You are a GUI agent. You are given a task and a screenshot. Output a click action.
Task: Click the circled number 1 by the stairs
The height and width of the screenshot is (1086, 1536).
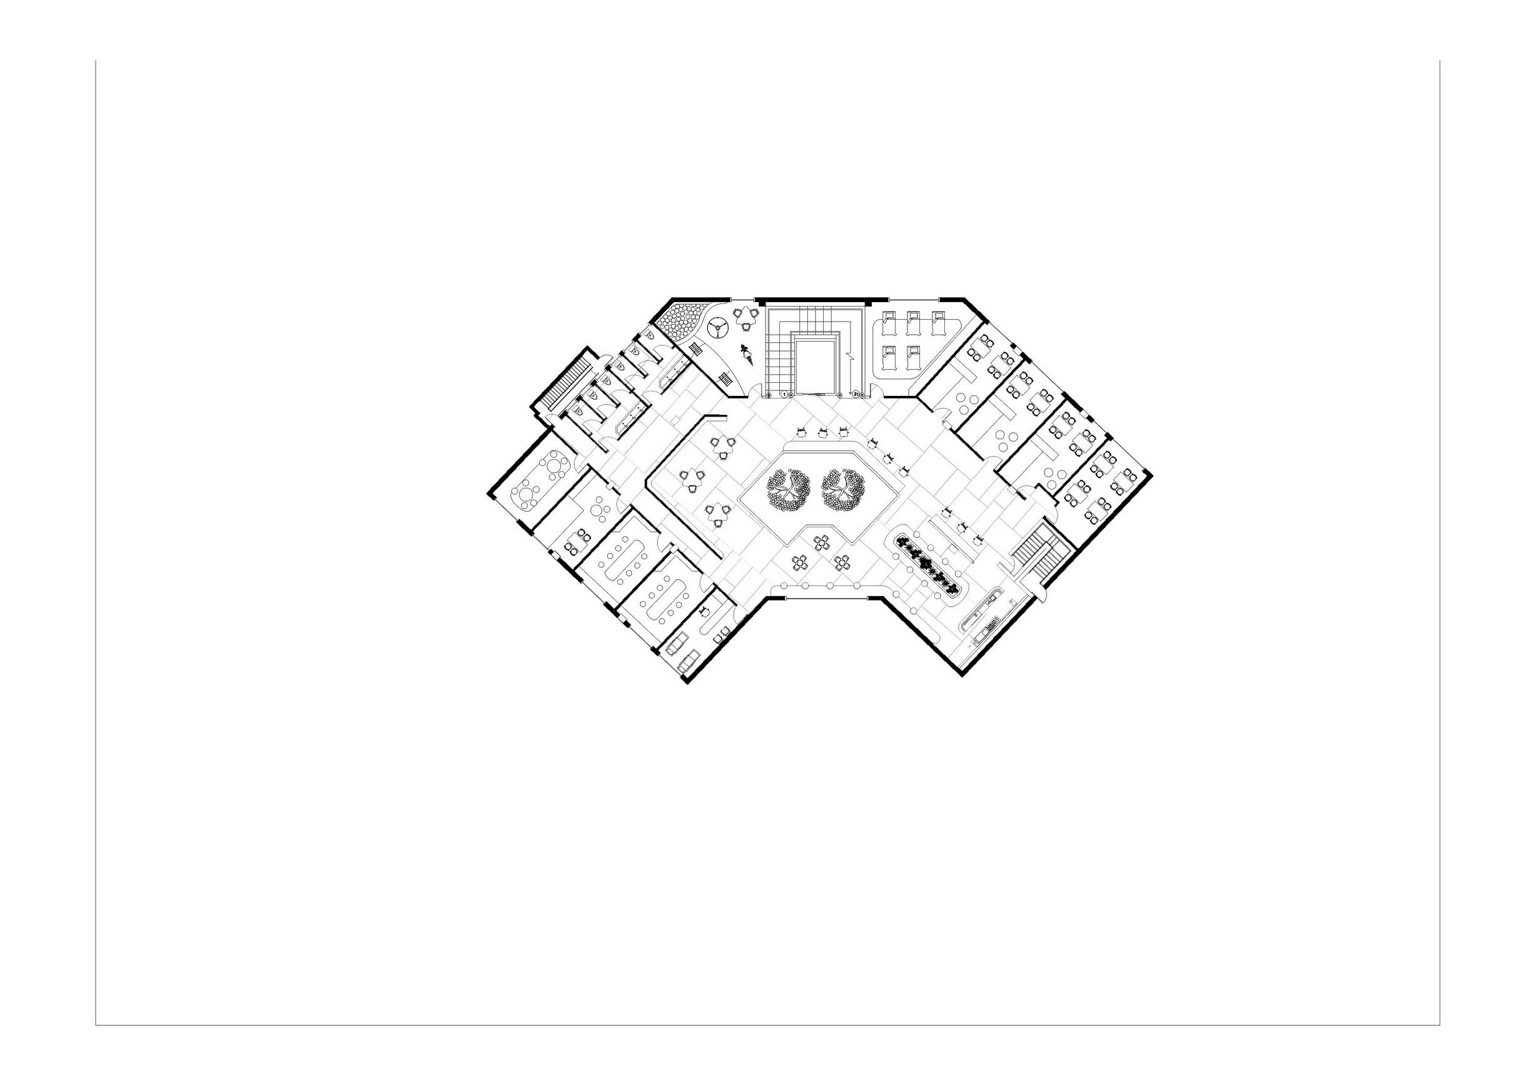pos(784,395)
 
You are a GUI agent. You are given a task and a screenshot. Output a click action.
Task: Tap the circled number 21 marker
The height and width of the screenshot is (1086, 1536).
pos(855,395)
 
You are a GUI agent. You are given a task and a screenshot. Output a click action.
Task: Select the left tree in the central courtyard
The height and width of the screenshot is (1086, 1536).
pos(789,490)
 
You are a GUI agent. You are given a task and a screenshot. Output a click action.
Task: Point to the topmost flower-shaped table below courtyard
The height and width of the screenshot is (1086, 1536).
pos(822,542)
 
